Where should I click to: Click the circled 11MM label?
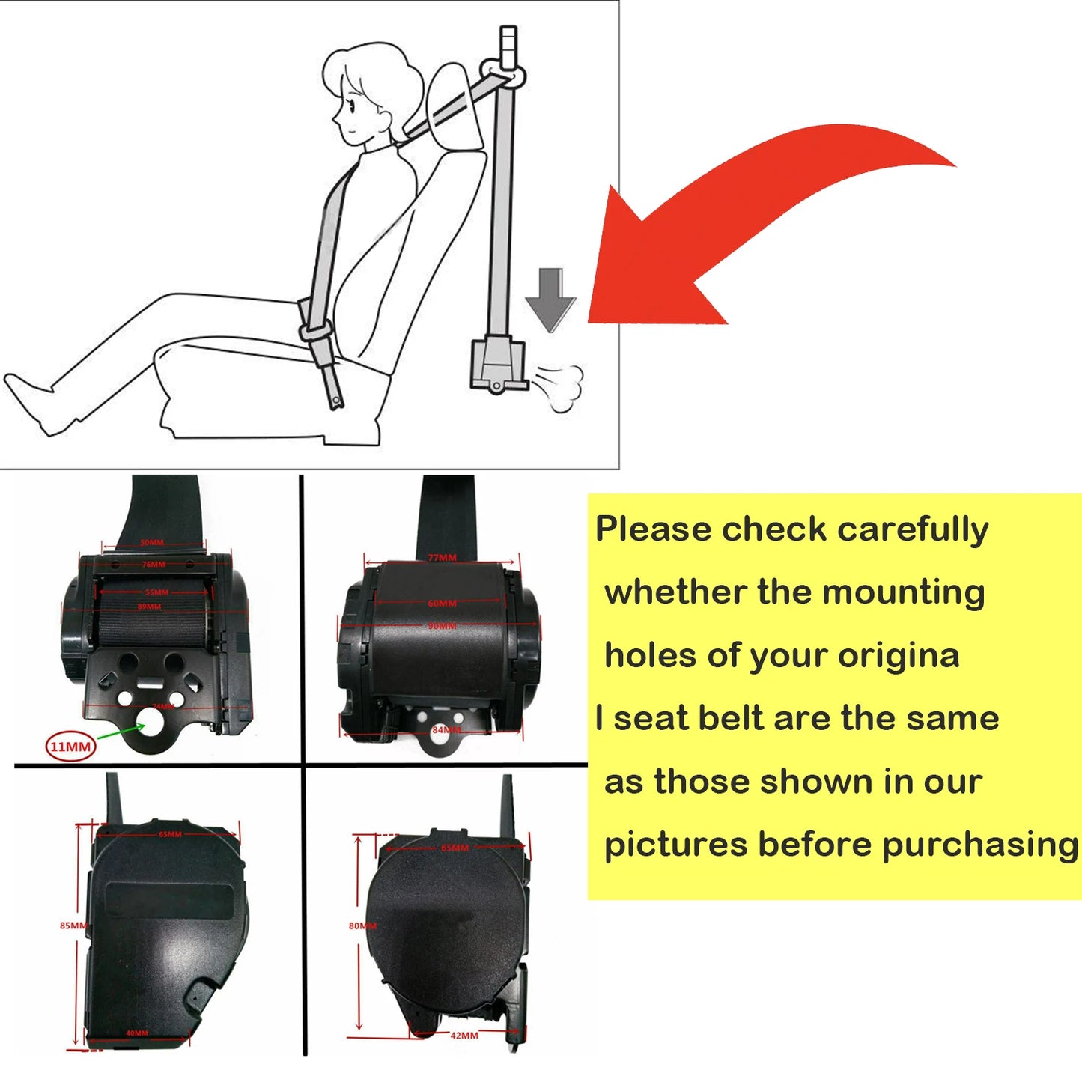point(70,747)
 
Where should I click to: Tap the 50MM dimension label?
point(152,543)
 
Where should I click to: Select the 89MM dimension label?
point(149,607)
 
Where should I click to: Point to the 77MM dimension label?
point(442,558)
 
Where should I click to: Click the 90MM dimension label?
point(442,626)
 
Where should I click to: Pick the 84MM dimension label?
point(446,729)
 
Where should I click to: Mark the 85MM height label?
point(73,926)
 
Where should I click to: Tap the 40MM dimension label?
point(137,1033)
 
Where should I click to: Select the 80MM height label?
point(362,926)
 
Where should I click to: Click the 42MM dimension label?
point(464,1036)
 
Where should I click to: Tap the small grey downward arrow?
point(550,299)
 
